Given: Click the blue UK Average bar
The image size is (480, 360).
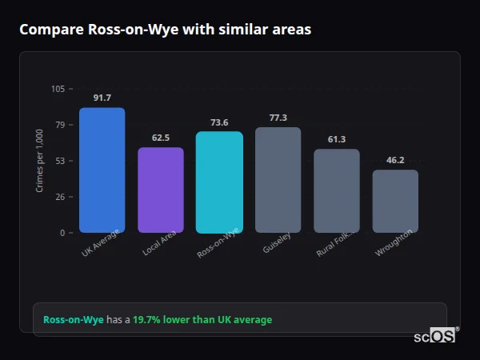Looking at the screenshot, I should pos(102,170).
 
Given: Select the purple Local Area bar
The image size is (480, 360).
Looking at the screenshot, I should pos(161,190).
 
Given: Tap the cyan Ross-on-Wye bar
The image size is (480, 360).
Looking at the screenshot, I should pos(219,182).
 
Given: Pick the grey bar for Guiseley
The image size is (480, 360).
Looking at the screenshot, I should pos(278,180).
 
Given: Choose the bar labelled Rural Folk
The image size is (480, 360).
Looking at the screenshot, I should pos(337,191).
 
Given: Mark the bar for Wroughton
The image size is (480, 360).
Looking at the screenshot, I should pos(395,202).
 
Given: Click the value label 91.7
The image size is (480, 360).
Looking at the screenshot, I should pos(102,98).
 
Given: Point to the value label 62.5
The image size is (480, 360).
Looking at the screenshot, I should pos(161,138).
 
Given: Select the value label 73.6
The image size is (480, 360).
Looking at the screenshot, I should pos(219,122).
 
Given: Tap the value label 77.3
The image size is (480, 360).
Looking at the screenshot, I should pos(278,118).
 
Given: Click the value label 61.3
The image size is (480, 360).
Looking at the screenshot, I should pos(337,139).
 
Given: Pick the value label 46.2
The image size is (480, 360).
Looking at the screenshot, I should pos(395,160).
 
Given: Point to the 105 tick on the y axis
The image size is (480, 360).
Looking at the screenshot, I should pos(58,89).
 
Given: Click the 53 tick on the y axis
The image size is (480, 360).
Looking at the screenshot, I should pos(60,161).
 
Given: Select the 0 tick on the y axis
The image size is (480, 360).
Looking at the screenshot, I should pos(62,233).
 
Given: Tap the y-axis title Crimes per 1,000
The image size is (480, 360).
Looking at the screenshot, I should pos(40,160).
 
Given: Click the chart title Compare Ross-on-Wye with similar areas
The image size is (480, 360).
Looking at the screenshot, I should pos(166,30).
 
